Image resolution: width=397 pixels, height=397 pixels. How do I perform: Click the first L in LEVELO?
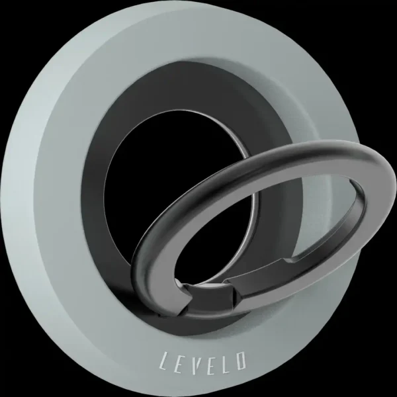pos(165,361)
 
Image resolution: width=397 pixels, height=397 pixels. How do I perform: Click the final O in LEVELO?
pos(240,360)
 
